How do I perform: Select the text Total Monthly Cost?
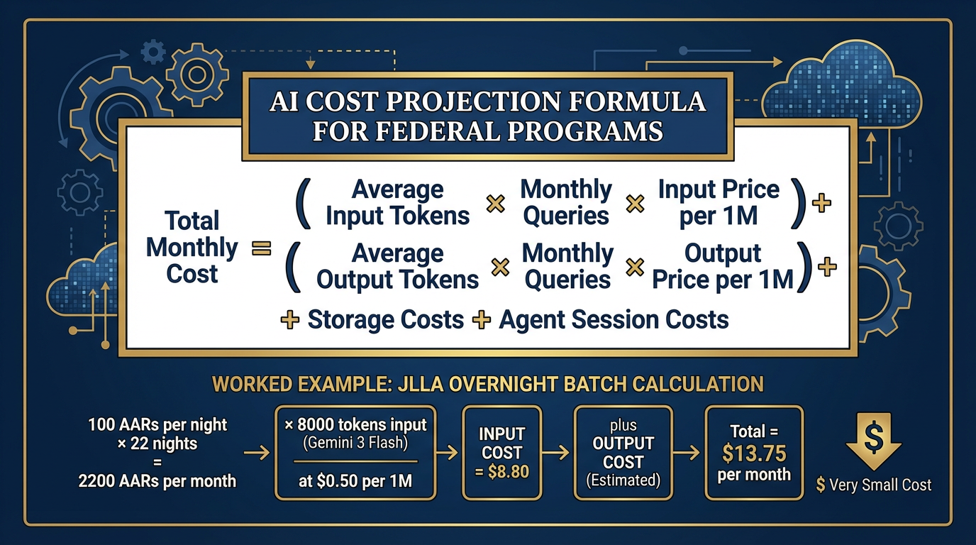tap(192, 247)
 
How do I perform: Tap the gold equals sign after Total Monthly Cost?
tap(262, 248)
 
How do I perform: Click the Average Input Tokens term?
tap(397, 202)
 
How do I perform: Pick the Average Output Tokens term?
tap(397, 266)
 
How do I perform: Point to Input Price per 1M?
tap(719, 202)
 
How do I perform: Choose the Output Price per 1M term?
tap(723, 266)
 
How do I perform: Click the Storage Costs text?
tap(385, 319)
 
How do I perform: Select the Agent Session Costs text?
tap(614, 319)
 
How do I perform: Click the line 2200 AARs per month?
tap(157, 480)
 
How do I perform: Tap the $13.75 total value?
tap(753, 453)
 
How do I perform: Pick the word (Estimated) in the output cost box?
tap(623, 480)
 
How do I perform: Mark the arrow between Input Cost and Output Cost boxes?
tap(558, 452)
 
